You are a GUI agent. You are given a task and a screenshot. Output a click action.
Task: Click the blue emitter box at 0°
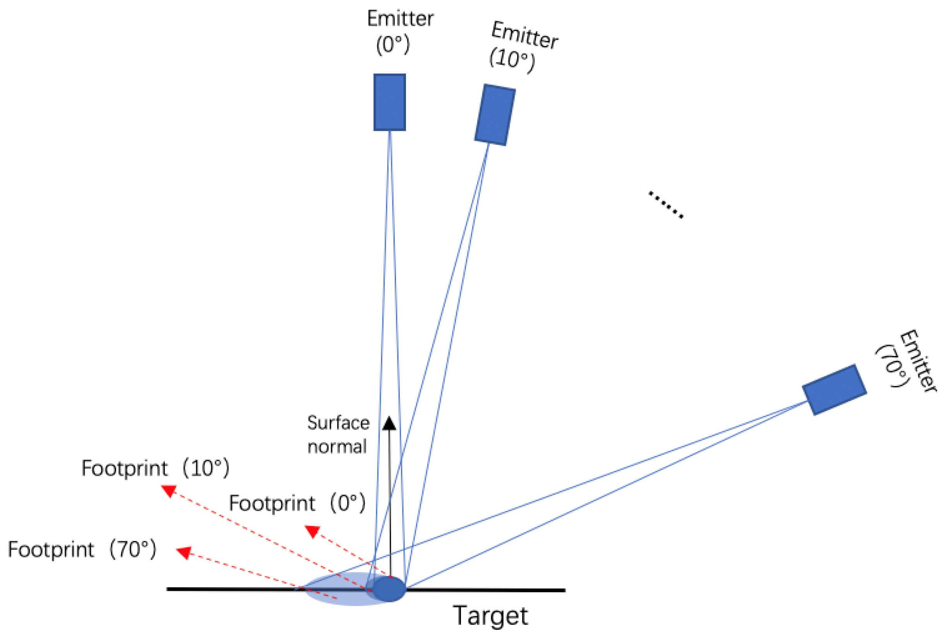(390, 102)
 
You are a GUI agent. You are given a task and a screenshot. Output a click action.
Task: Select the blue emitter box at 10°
(495, 115)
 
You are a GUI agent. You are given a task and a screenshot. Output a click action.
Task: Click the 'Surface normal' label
(338, 434)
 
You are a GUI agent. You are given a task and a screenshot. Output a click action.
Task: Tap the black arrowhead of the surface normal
(389, 423)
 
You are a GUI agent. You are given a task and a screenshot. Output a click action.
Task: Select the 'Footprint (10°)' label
(155, 468)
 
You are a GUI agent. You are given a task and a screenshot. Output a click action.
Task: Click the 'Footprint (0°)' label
(297, 503)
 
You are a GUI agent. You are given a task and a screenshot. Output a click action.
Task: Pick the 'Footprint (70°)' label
(82, 549)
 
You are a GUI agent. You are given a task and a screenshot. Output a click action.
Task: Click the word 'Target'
(490, 615)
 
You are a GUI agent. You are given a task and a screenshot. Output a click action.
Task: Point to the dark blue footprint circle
(390, 589)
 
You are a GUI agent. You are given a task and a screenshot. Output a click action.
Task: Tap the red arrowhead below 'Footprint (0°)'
(313, 531)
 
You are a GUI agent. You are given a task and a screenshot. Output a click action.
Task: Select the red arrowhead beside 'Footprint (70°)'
(184, 553)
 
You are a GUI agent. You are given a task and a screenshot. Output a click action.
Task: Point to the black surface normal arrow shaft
(390, 501)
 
